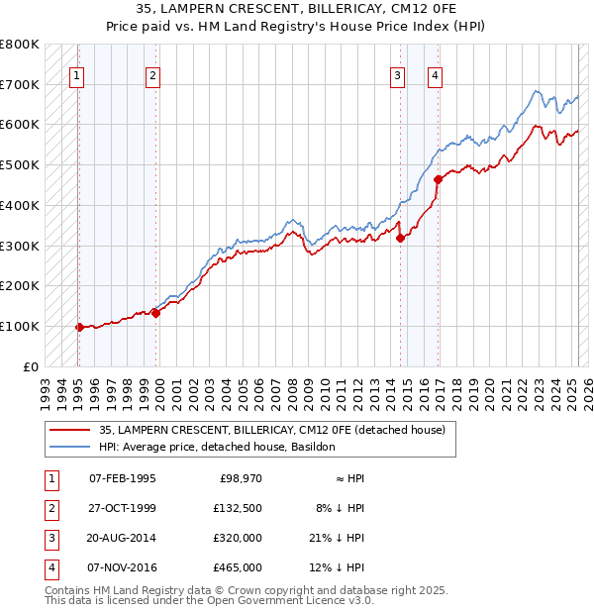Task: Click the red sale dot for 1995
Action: click(x=79, y=327)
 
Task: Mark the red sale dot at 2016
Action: click(x=438, y=179)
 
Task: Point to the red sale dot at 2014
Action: click(x=400, y=238)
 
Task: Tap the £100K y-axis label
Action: click(x=20, y=326)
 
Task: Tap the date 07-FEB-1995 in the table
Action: click(x=122, y=478)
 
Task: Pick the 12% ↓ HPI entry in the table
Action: click(x=340, y=567)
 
